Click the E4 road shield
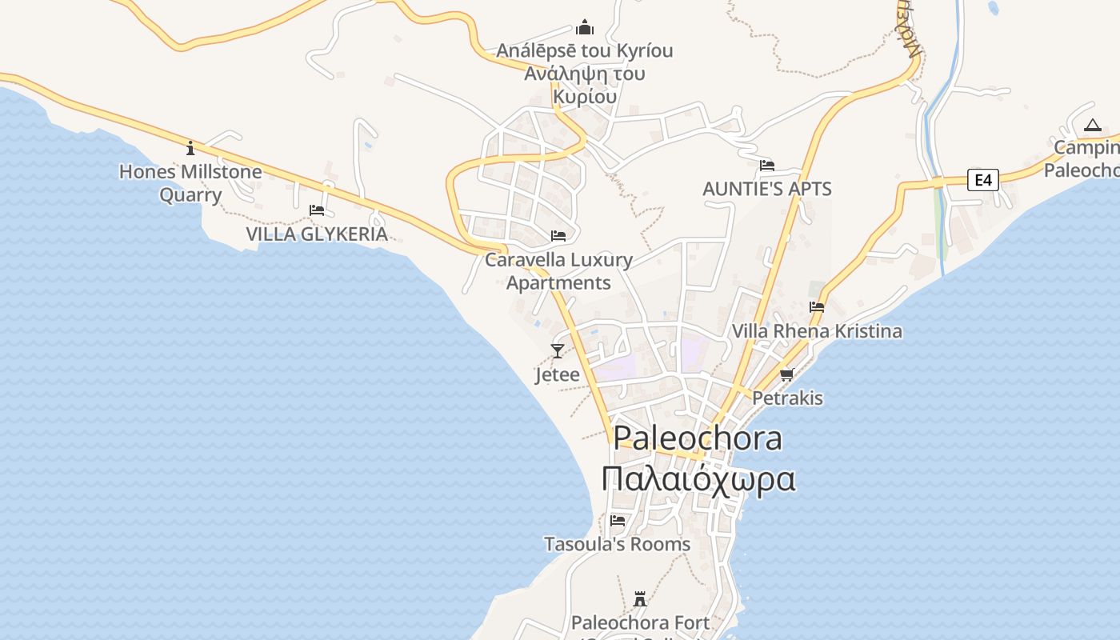coord(983,180)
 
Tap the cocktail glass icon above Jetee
coord(558,350)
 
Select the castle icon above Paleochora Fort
coord(640,598)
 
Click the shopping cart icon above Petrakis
coord(787,374)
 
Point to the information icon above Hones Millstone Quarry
coord(190,148)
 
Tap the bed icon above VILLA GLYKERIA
coord(317,210)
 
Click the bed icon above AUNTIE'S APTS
coord(767,166)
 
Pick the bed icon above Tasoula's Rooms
coord(618,520)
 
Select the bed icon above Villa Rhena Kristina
coord(817,306)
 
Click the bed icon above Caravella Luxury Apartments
coord(558,236)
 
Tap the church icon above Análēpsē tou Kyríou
coord(585,28)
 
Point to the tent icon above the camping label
coord(1093,125)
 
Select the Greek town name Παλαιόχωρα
coord(698,479)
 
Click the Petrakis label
coord(787,398)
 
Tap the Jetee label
coord(557,374)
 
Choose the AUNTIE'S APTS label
coord(767,189)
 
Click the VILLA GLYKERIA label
coord(317,234)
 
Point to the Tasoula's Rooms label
coord(617,544)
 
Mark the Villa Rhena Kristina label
coord(817,330)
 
